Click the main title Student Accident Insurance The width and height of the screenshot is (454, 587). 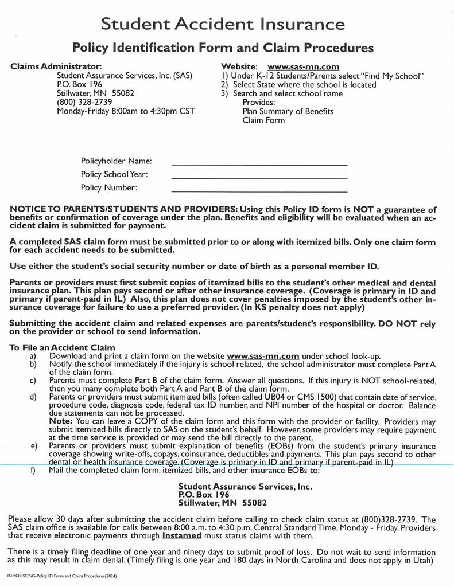coord(223,24)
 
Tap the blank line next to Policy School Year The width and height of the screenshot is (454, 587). coord(259,177)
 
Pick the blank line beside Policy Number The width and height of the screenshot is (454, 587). coord(259,190)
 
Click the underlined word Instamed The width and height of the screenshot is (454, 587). coord(182,535)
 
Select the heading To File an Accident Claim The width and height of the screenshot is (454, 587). coord(63,347)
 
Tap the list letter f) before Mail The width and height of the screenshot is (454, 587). coord(33,471)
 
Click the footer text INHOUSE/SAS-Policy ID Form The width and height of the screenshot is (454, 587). coord(63,575)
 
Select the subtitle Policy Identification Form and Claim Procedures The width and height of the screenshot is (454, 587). coord(223,47)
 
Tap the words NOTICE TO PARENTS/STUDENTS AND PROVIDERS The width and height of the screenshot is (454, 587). coord(123,209)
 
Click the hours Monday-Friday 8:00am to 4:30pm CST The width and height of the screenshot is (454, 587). coord(126,111)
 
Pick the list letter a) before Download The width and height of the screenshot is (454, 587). coord(33,356)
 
